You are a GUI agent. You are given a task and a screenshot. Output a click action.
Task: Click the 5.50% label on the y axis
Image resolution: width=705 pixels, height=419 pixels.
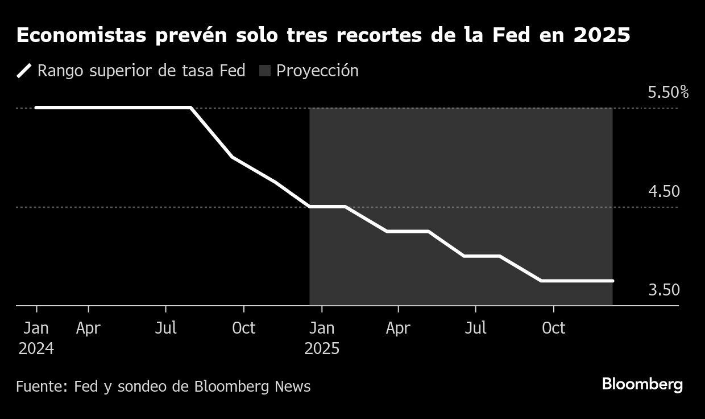(x=668, y=92)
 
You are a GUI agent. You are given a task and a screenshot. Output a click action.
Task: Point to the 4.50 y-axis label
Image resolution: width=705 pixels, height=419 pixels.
(x=663, y=191)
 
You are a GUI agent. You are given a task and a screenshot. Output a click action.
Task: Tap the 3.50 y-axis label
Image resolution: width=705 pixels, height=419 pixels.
(x=663, y=290)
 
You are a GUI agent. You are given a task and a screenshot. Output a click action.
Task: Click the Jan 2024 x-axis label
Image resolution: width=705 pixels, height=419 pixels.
(x=36, y=339)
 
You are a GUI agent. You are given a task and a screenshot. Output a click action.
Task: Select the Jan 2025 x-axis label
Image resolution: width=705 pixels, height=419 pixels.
(x=322, y=339)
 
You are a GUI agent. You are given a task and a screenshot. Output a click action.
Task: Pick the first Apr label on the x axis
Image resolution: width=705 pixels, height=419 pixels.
(x=89, y=328)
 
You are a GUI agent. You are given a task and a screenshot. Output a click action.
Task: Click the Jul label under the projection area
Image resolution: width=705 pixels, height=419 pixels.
(x=475, y=328)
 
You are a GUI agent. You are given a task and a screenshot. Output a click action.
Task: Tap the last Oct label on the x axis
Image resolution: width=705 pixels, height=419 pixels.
(x=553, y=328)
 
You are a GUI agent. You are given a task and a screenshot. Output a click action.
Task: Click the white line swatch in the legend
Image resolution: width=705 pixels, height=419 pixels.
(x=24, y=71)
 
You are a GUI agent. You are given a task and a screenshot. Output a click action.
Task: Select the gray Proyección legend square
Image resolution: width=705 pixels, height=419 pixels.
(x=265, y=71)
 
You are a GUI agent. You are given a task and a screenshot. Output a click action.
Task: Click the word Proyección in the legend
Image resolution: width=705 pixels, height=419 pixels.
(x=317, y=71)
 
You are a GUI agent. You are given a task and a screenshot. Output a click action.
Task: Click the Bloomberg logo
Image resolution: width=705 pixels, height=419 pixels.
(x=642, y=384)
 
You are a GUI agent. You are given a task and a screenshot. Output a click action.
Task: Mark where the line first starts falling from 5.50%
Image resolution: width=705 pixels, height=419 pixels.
(x=190, y=108)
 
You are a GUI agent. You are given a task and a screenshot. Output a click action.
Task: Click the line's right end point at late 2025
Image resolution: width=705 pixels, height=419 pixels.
(x=612, y=281)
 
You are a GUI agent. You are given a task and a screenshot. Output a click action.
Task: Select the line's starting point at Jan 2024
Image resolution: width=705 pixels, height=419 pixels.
(x=36, y=108)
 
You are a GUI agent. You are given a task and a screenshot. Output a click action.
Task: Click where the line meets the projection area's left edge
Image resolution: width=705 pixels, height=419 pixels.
(x=310, y=207)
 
